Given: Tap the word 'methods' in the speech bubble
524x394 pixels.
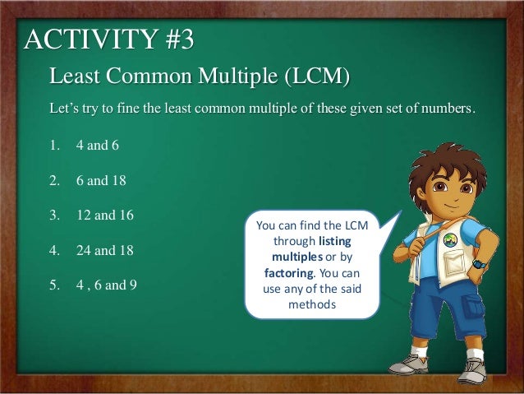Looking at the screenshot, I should [312, 304].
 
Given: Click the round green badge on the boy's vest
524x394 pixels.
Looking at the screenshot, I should [449, 241].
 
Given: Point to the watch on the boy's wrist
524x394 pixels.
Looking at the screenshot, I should [478, 265].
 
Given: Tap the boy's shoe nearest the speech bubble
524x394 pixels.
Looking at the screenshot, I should [408, 363].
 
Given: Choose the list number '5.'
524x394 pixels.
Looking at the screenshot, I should [55, 286].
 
